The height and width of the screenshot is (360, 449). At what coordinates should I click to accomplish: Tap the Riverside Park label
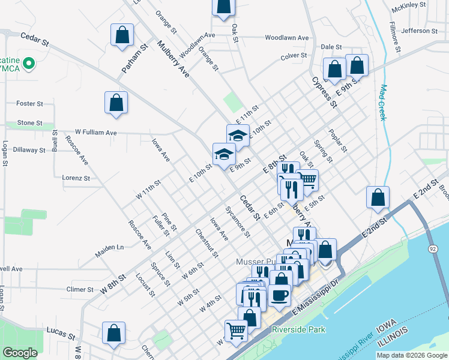[298, 329]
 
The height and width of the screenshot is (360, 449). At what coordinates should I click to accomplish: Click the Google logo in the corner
[20, 353]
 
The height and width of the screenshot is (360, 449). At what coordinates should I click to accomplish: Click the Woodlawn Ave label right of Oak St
[287, 38]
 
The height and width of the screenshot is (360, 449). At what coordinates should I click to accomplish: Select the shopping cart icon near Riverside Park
[236, 330]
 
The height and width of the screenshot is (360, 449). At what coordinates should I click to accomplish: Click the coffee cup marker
[279, 295]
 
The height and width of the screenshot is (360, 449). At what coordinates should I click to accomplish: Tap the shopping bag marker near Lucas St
[113, 334]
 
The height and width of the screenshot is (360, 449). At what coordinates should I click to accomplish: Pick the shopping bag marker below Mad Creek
[378, 197]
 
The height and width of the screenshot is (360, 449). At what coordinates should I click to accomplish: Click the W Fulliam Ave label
[95, 132]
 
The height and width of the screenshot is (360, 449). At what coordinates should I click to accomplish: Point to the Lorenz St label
[76, 178]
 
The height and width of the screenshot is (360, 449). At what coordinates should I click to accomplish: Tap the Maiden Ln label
[111, 247]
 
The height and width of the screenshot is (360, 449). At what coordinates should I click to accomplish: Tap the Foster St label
[29, 104]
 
